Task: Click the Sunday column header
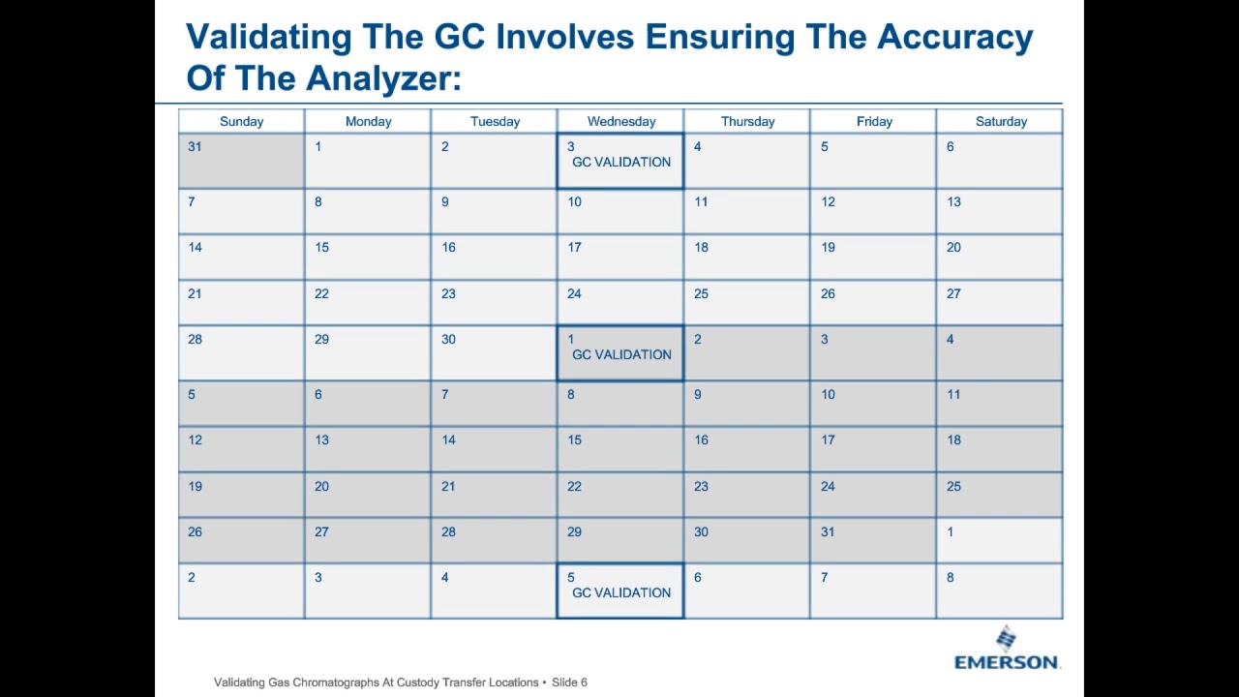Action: [x=241, y=122]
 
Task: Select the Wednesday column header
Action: [x=621, y=122]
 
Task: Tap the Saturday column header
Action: [x=1001, y=122]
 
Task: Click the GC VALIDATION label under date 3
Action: [x=621, y=162]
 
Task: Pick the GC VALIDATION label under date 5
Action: [x=621, y=593]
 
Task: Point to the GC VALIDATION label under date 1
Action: [x=621, y=354]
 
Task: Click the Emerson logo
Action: [x=1006, y=648]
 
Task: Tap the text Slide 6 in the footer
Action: [x=569, y=682]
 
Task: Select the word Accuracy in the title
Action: [x=955, y=38]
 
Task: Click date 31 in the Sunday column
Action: [x=195, y=146]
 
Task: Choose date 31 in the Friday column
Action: [x=828, y=531]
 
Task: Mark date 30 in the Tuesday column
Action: [x=448, y=339]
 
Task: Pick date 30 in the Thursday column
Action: [x=702, y=531]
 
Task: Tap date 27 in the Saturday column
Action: [x=953, y=293]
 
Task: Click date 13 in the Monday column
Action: [x=322, y=439]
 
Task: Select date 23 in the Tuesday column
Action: [x=448, y=293]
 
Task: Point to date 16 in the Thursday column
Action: [x=702, y=439]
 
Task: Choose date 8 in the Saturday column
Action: [x=951, y=578]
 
